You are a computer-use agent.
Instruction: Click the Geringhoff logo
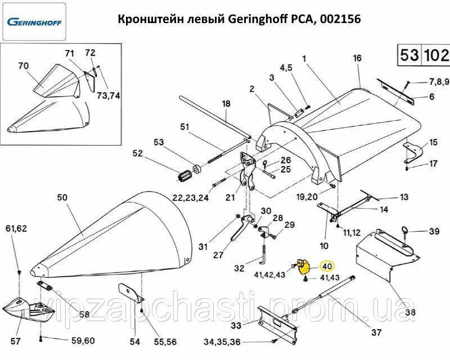coord(34,22)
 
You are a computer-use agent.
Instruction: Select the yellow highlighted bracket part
coord(304,266)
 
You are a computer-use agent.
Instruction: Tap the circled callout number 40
coord(327,265)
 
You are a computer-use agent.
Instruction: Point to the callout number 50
coord(62,197)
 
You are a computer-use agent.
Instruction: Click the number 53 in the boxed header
coord(409,56)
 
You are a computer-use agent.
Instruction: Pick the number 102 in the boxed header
coord(436,56)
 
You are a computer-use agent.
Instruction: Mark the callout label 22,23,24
coord(191,197)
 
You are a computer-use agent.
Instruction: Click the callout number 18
coord(226,103)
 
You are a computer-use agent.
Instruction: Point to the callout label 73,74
coord(109,95)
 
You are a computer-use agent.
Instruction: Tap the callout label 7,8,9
coord(439,82)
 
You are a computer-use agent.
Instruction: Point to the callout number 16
coord(357,58)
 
